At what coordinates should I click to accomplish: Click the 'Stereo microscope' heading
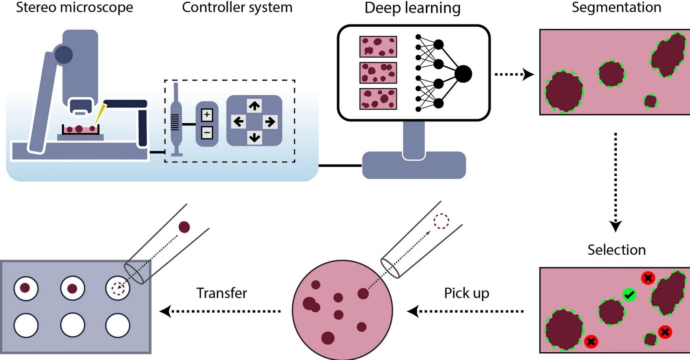[74, 7]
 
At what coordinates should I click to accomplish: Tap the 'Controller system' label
[237, 7]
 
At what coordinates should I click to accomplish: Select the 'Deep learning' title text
[412, 8]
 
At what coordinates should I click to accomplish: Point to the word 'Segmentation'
[616, 7]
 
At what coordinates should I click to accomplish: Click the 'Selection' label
[616, 250]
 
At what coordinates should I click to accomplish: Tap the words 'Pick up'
[466, 293]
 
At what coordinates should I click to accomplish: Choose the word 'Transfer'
[221, 293]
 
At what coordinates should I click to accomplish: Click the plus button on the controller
[207, 115]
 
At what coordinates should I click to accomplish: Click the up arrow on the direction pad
[254, 106]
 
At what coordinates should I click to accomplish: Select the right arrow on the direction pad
[270, 122]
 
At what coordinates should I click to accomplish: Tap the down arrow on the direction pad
[254, 138]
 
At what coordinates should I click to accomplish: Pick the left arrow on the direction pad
[238, 122]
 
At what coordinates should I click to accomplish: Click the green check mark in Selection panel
[629, 295]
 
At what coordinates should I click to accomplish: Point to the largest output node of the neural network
[463, 74]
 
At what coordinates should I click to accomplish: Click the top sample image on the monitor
[378, 47]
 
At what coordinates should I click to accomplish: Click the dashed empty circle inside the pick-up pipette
[441, 221]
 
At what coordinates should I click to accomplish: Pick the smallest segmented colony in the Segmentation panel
[650, 102]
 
